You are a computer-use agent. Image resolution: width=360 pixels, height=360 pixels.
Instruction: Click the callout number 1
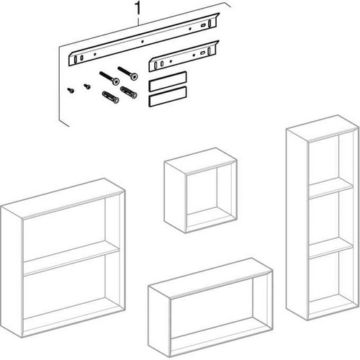(138, 9)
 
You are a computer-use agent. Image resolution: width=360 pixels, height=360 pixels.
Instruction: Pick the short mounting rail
(184, 56)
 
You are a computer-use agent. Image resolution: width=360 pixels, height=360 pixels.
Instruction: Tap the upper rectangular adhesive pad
(168, 81)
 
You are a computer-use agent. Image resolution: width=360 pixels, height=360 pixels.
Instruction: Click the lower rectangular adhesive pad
(168, 96)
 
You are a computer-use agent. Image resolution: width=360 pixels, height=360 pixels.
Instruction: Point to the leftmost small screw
(71, 90)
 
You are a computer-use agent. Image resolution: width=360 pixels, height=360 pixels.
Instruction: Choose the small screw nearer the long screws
(87, 86)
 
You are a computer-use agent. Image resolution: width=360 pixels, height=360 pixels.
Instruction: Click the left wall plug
(110, 97)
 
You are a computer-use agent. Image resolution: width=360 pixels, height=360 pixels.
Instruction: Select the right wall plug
(129, 92)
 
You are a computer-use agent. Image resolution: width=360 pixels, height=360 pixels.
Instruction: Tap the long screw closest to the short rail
(128, 73)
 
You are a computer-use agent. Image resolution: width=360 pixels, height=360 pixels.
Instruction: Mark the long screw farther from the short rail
(109, 78)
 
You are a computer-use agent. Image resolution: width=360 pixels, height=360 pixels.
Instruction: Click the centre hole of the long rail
(143, 42)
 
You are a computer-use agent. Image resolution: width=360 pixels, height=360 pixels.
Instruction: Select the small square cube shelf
(201, 190)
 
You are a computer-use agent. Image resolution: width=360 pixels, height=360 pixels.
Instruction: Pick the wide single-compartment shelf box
(210, 307)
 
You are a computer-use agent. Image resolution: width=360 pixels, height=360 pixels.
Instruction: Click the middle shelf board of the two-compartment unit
(71, 258)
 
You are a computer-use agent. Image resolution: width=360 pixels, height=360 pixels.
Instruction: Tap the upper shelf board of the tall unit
(330, 188)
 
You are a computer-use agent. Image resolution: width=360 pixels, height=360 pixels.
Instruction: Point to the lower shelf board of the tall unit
(330, 248)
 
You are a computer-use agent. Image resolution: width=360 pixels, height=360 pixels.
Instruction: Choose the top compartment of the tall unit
(330, 161)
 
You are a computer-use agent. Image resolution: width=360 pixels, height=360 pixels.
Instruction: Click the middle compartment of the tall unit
(330, 218)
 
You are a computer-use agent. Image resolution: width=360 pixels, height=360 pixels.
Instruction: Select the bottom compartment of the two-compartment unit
(71, 295)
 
